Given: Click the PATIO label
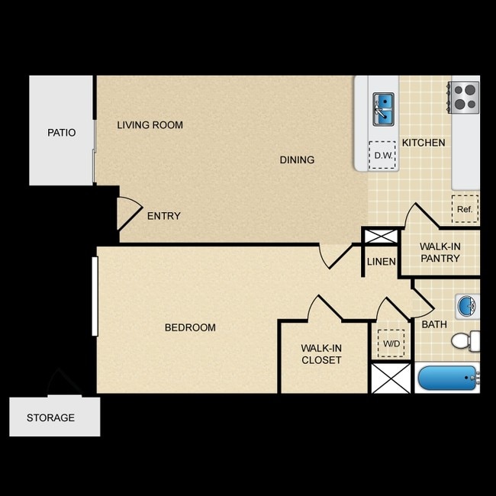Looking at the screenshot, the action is pyautogui.click(x=61, y=133).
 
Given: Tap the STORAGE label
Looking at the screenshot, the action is pyautogui.click(x=50, y=417).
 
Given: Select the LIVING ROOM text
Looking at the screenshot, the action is pyautogui.click(x=150, y=125).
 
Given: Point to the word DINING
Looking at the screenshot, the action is pyautogui.click(x=297, y=159).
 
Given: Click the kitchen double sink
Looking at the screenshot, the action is pyautogui.click(x=383, y=109).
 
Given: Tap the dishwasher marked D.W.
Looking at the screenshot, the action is pyautogui.click(x=382, y=155).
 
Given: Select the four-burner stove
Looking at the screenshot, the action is pyautogui.click(x=464, y=98).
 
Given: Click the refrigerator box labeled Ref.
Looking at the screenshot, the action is pyautogui.click(x=465, y=209).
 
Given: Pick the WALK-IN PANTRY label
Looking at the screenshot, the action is pyautogui.click(x=440, y=253).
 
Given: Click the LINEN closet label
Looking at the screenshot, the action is pyautogui.click(x=382, y=262).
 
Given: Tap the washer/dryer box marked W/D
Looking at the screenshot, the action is pyautogui.click(x=391, y=343).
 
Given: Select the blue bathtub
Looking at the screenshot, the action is pyautogui.click(x=448, y=378).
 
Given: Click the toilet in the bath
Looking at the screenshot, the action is pyautogui.click(x=465, y=341).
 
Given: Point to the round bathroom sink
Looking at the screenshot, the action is pyautogui.click(x=467, y=306).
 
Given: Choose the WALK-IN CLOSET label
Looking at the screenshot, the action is pyautogui.click(x=321, y=354).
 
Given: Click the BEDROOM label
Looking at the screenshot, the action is pyautogui.click(x=191, y=327).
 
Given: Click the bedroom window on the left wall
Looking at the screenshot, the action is pyautogui.click(x=95, y=296).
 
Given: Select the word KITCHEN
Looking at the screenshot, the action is pyautogui.click(x=424, y=143).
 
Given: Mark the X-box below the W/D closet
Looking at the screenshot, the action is pyautogui.click(x=391, y=378).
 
